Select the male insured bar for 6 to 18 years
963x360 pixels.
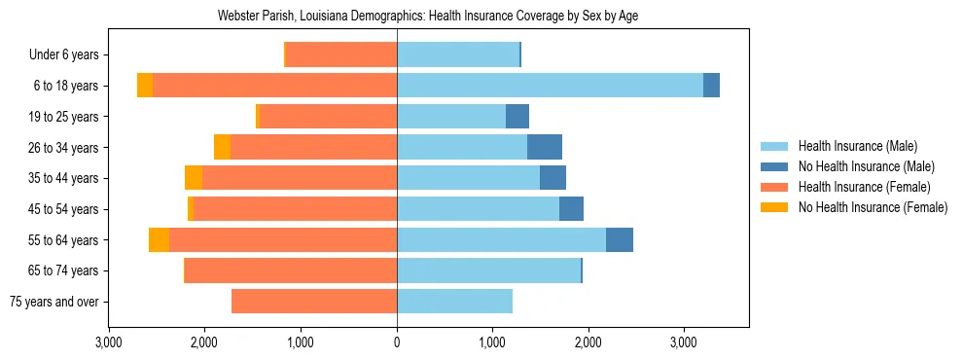pos(550,86)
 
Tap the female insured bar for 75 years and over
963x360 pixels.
pos(314,302)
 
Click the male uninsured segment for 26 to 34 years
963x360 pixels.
pos(545,147)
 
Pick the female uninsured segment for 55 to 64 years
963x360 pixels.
pos(159,239)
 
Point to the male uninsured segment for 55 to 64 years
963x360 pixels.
pos(620,239)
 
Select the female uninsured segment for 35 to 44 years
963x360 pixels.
pos(194,178)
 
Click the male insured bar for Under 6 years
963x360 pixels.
pos(458,54)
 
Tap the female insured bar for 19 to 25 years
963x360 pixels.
pos(328,117)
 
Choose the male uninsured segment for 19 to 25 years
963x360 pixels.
pos(517,117)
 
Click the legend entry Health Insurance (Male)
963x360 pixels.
pos(858,146)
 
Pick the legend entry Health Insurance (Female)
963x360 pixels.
pos(864,187)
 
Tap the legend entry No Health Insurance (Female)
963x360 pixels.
pos(873,207)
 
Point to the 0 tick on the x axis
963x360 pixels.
pos(397,342)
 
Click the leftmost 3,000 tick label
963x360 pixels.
pos(109,342)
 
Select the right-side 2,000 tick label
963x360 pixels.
pos(588,342)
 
